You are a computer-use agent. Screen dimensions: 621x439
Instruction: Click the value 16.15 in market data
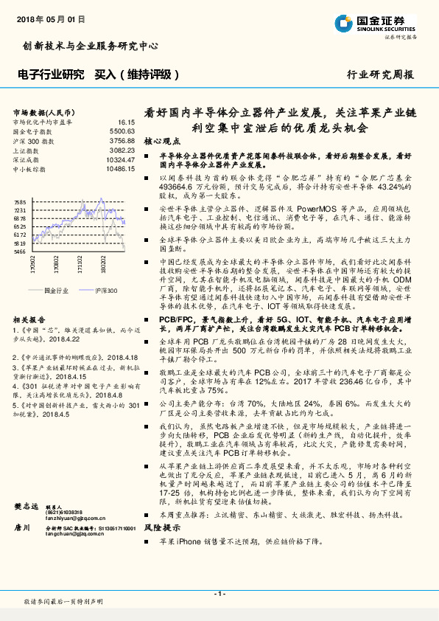click(125, 121)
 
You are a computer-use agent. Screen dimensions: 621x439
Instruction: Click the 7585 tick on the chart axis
click(20, 202)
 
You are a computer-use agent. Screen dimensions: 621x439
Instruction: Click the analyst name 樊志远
click(27, 529)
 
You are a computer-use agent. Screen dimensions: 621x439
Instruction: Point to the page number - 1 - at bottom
click(219, 594)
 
